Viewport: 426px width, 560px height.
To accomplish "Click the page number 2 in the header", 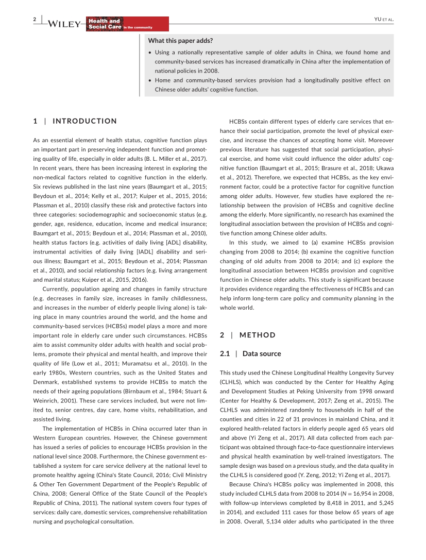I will click(x=35, y=19).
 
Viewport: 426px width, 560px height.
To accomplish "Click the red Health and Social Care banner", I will click(x=127, y=24).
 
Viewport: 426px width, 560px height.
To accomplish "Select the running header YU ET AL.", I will click(x=383, y=20).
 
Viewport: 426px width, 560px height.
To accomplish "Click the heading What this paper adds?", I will click(x=181, y=41).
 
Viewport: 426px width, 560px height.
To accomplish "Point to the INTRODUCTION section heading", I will click(x=84, y=121).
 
